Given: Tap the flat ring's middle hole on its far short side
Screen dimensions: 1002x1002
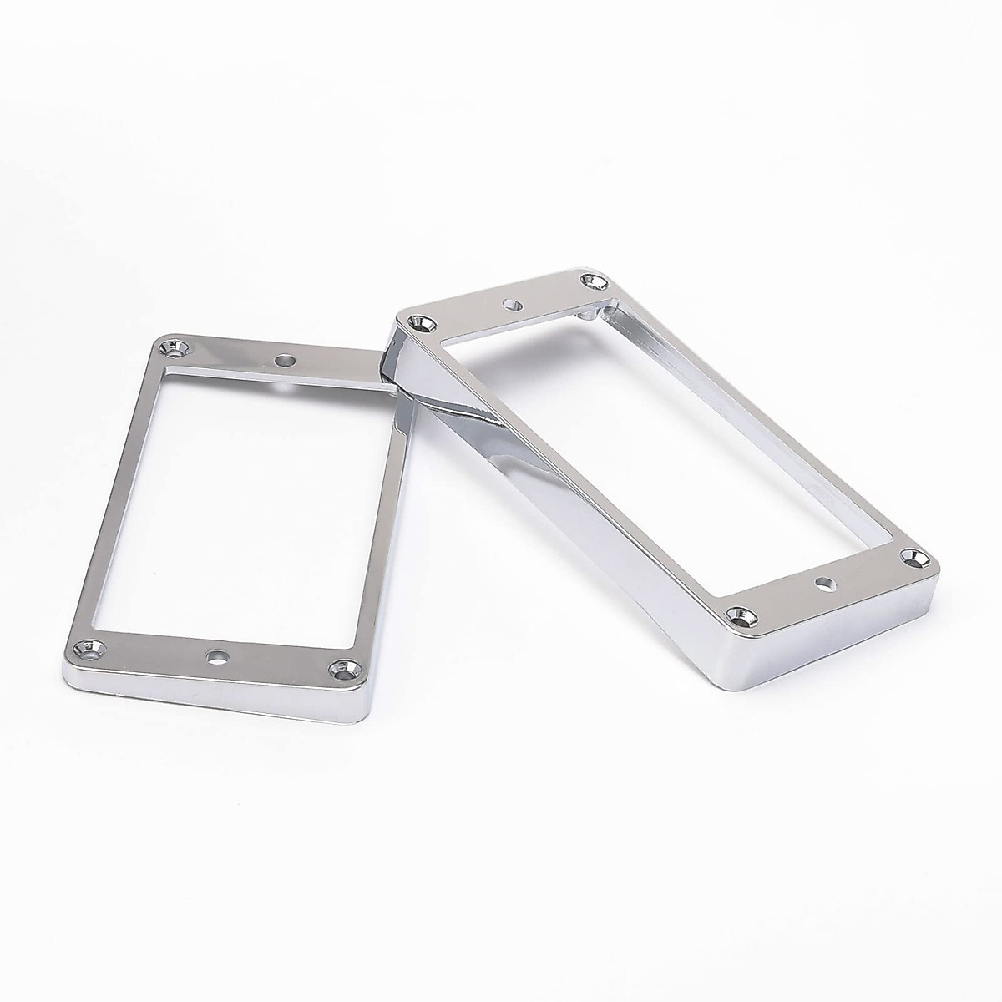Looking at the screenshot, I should [x=286, y=361].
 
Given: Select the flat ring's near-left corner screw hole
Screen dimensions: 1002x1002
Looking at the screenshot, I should [x=84, y=647].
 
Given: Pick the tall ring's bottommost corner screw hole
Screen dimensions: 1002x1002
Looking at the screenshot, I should [x=740, y=615].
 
